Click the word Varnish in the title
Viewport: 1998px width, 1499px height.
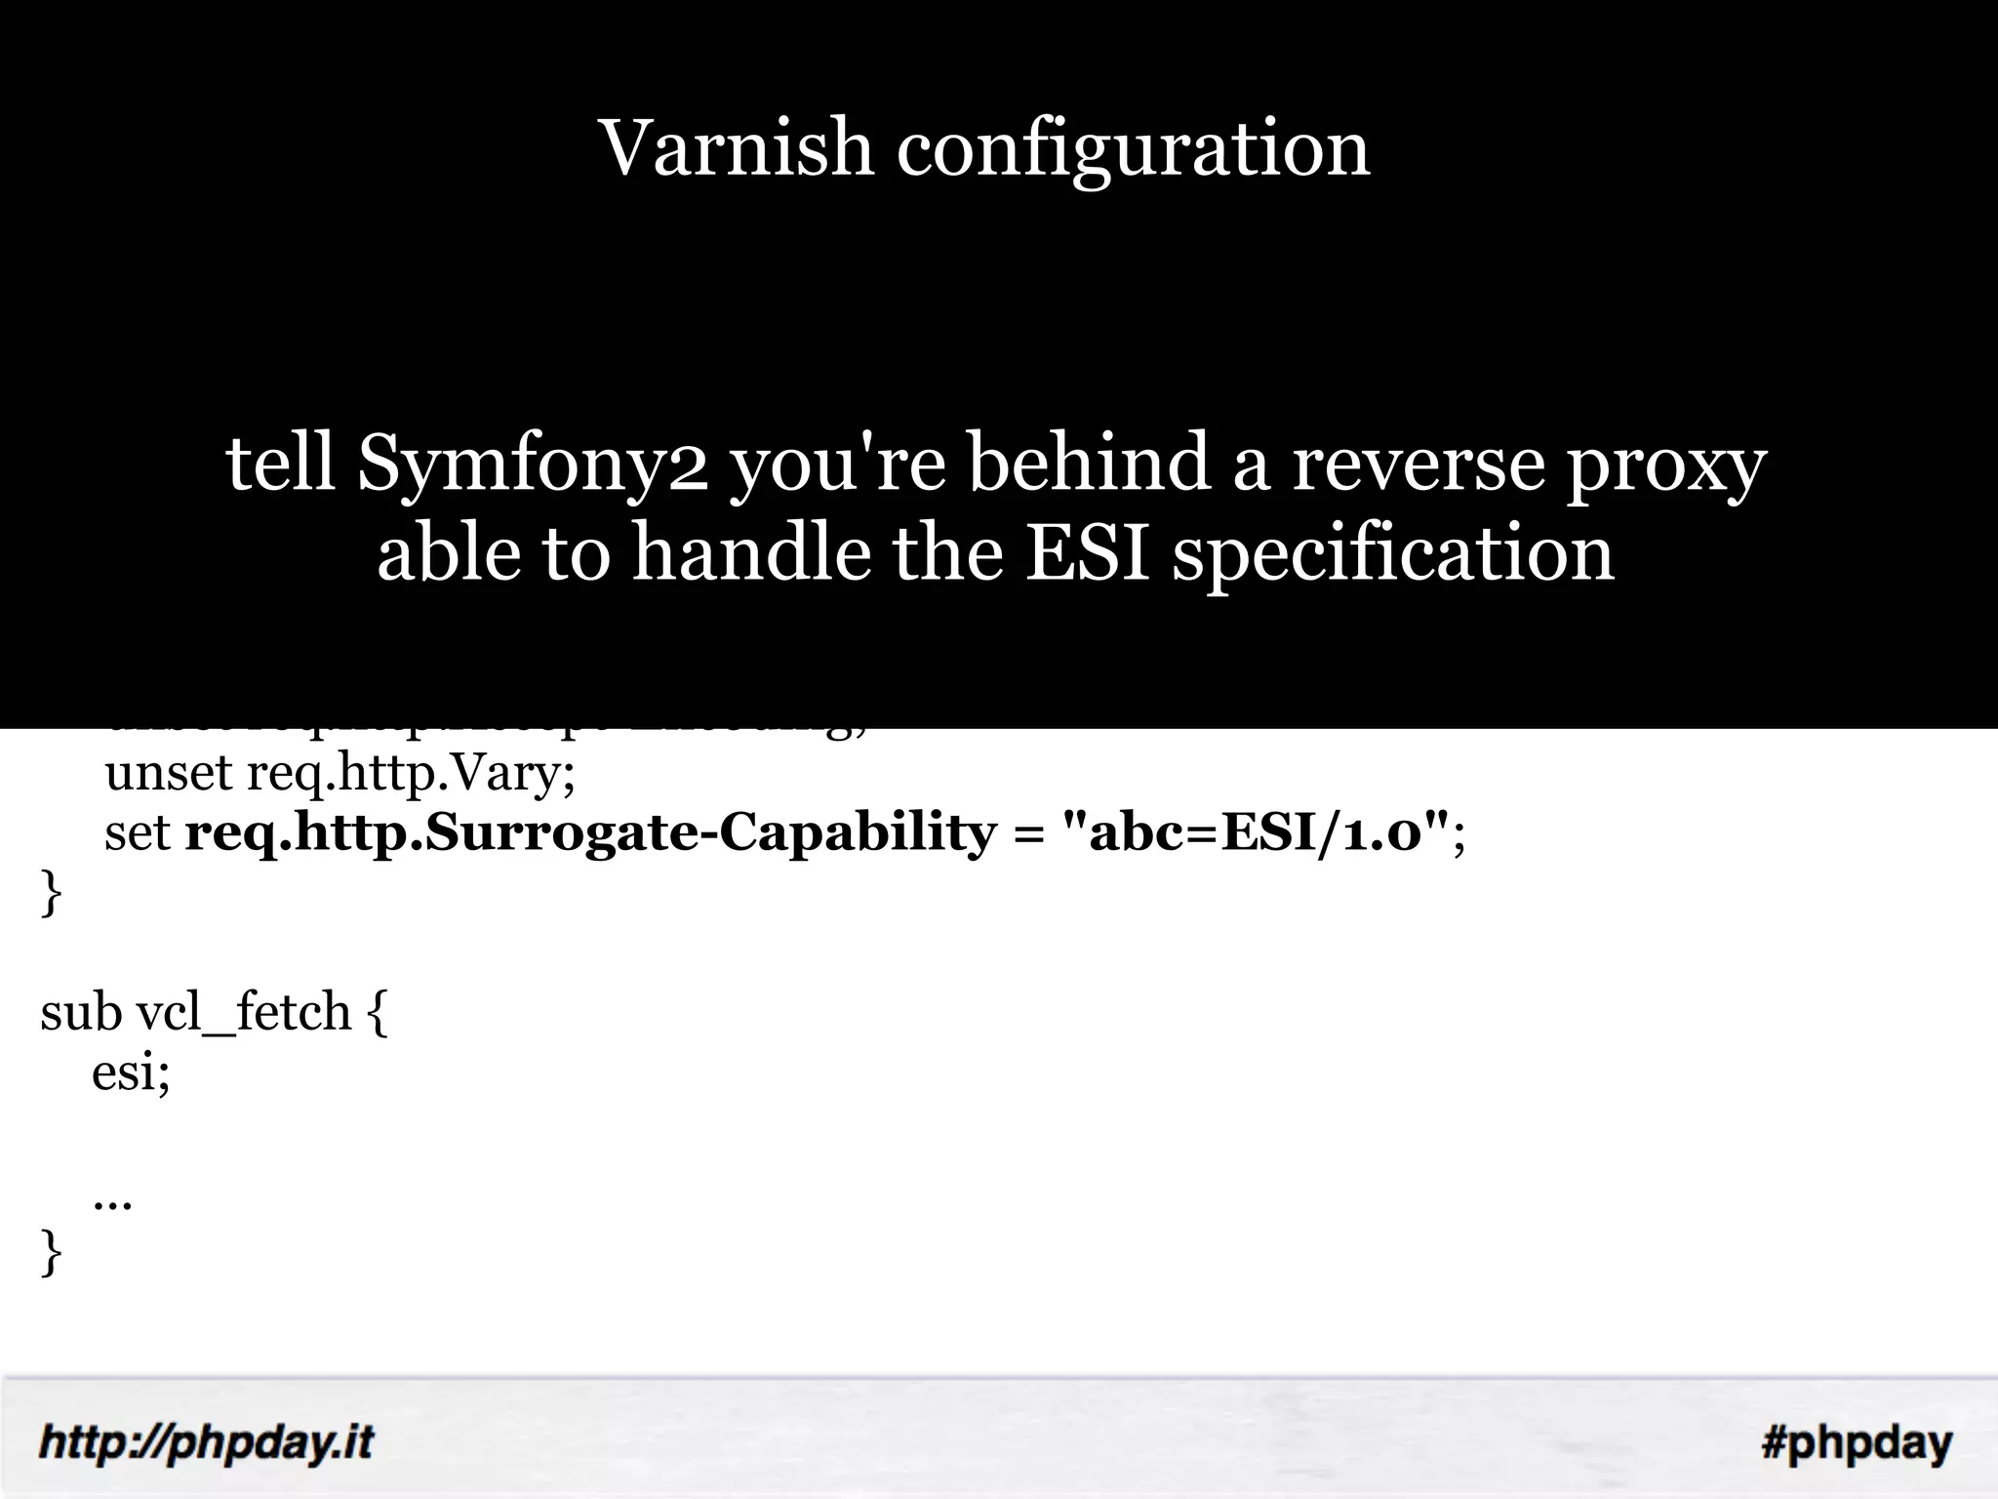point(736,148)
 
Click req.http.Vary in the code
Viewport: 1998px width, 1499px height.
point(410,774)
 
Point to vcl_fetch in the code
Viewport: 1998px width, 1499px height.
point(243,1013)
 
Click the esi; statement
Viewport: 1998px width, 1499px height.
point(131,1074)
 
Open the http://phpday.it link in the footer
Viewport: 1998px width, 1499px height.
point(206,1442)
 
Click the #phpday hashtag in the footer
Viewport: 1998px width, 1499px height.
point(1857,1442)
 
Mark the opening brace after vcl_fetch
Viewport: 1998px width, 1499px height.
point(378,1013)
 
